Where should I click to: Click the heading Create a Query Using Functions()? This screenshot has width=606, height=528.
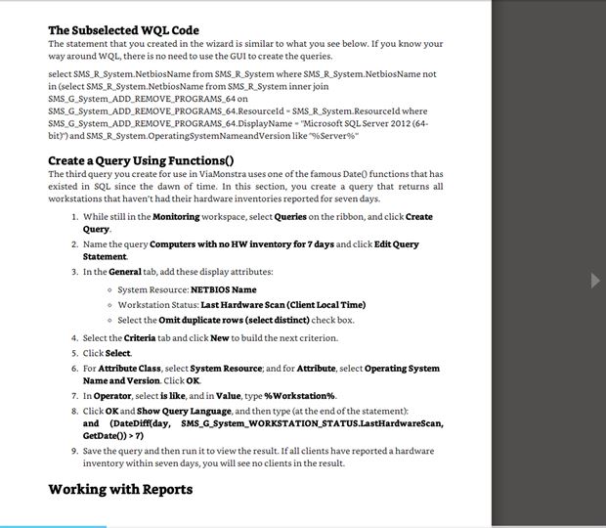[x=142, y=160]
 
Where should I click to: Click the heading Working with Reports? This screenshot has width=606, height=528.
[x=120, y=489]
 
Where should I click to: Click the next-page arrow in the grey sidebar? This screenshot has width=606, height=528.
[x=596, y=281]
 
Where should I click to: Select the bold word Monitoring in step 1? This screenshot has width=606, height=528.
[x=183, y=216]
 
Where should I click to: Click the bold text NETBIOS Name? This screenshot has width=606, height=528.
[x=223, y=289]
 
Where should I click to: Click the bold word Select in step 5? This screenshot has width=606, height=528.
[x=117, y=352]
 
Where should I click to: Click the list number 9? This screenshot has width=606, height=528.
[x=75, y=451]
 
